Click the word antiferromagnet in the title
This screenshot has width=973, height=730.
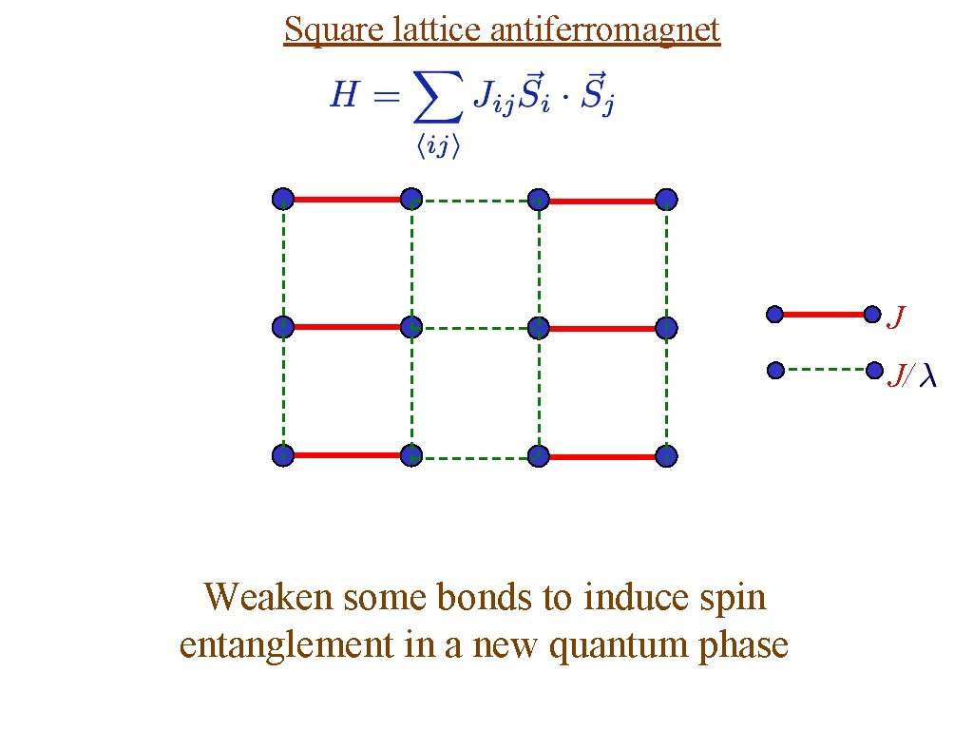[x=605, y=30]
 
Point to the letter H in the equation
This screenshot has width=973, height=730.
[x=344, y=95]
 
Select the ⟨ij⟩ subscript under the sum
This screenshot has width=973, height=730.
[x=438, y=148]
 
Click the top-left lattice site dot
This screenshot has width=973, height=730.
[x=283, y=200]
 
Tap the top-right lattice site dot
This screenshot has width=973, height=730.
[x=667, y=200]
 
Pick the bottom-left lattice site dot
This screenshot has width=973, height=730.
[x=283, y=456]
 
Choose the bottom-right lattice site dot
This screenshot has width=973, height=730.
[x=667, y=456]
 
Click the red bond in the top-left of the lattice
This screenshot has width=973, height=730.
[x=347, y=200]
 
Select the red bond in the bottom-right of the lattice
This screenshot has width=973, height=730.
[x=603, y=457]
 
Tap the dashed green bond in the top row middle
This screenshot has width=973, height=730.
[x=475, y=201]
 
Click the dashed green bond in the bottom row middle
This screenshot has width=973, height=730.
[x=475, y=457]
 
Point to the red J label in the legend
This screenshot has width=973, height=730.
[x=895, y=317]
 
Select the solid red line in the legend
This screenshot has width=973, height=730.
[x=824, y=314]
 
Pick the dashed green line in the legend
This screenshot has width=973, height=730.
[x=824, y=369]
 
